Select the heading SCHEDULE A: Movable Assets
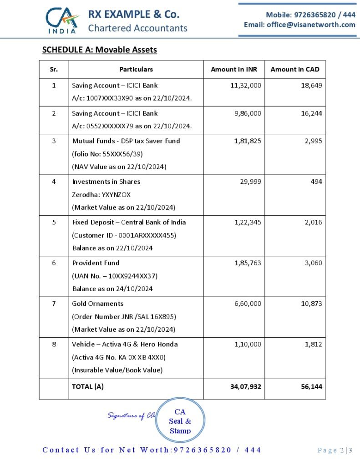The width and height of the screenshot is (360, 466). point(99,50)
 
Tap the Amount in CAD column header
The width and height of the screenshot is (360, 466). point(295,69)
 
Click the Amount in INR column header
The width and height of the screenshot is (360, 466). point(234,69)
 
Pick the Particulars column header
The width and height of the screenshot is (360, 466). point(136,69)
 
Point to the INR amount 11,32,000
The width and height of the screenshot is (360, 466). point(246,85)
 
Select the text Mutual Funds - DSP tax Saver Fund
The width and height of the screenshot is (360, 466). point(126,141)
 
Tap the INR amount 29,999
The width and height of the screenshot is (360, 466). point(251,182)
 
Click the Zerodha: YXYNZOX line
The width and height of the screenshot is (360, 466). point(101,194)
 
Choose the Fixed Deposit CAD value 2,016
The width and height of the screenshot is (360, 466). point(313,222)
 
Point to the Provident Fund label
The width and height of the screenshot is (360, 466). point(96,263)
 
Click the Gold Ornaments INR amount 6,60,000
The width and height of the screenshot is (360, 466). point(248,304)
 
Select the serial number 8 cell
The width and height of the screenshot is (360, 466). point(54,344)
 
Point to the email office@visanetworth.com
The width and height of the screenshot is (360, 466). point(299,25)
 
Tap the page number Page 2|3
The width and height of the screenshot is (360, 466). point(335,450)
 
